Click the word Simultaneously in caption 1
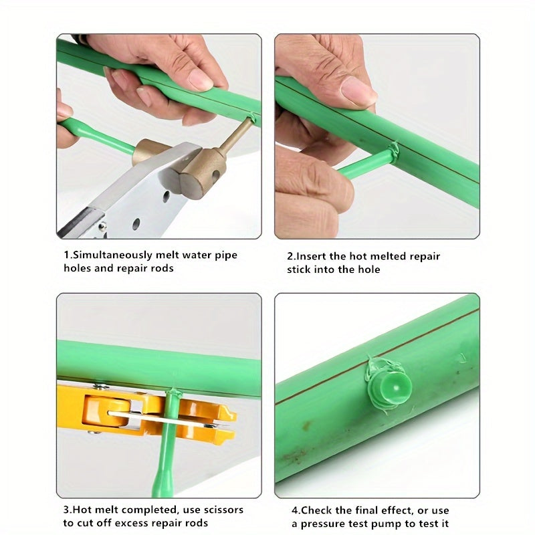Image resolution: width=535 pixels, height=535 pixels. (110, 255)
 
